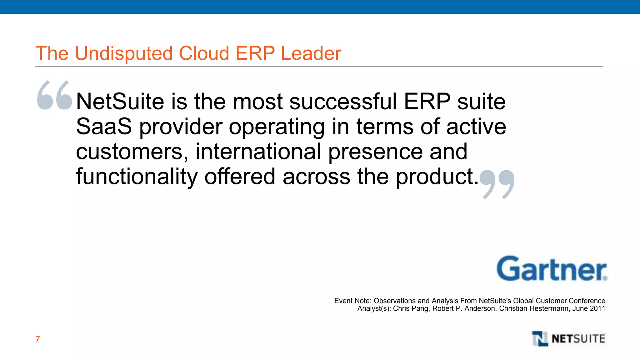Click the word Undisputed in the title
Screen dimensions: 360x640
(123, 53)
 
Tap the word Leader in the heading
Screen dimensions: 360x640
(311, 53)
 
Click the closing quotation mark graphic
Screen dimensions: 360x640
(497, 184)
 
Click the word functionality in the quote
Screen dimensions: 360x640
(137, 177)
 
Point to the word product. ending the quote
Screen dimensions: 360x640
(437, 177)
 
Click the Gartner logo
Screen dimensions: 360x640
(552, 269)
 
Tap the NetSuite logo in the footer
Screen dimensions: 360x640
(569, 339)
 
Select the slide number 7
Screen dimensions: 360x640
(37, 339)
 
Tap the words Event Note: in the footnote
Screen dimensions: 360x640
(352, 301)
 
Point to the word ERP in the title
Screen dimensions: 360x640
(255, 53)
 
